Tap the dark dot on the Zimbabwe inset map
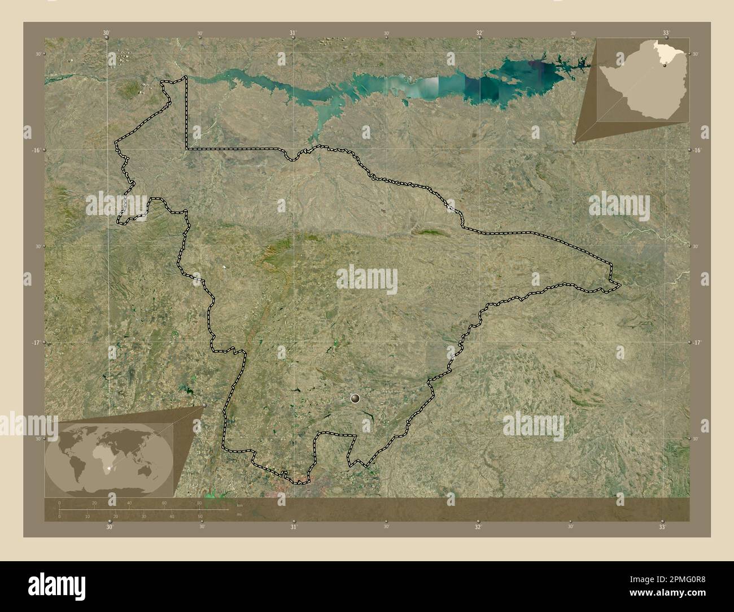[664, 65]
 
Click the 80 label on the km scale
[199, 503]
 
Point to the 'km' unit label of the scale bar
[239, 505]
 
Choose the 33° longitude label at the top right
[666, 33]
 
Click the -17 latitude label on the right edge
[697, 343]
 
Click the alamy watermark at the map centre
[367, 278]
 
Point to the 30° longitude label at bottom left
[110, 527]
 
